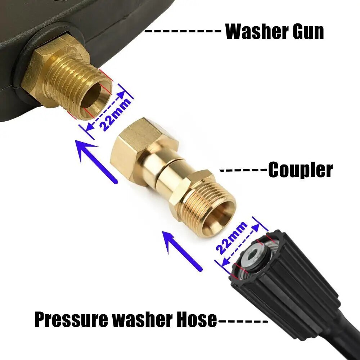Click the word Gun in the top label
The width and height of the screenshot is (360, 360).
click(308, 31)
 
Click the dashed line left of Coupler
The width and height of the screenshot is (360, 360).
click(243, 170)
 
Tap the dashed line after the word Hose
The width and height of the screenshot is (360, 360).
click(243, 320)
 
